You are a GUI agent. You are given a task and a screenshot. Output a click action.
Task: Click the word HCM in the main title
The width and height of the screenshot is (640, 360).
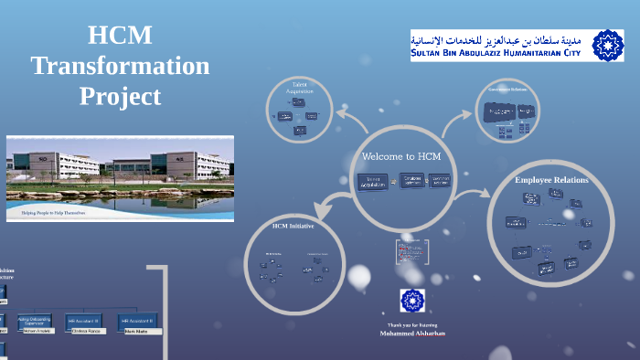(120, 37)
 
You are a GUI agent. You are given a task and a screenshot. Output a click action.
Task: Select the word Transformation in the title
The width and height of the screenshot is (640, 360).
(120, 66)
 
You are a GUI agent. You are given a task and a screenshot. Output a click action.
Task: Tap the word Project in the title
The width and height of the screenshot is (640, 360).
(120, 96)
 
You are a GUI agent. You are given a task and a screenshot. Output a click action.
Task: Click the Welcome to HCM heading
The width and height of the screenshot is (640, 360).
(401, 156)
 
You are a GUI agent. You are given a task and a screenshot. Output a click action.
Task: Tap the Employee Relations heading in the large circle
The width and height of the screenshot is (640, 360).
(551, 180)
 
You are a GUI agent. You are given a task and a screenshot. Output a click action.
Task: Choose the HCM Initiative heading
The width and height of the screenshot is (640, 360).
(293, 225)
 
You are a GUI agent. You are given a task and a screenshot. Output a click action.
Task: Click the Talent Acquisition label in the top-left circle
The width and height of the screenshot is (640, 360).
(299, 89)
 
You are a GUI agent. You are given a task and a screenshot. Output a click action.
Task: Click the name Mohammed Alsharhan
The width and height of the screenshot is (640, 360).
(412, 334)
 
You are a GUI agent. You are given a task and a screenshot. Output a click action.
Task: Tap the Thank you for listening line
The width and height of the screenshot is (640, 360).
(412, 325)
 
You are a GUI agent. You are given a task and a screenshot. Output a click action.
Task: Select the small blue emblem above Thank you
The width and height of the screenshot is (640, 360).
(412, 301)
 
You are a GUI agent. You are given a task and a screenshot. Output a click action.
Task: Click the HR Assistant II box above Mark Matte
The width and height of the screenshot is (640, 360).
(138, 321)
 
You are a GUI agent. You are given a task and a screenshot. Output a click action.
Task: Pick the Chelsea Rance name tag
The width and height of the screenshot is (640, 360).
(86, 331)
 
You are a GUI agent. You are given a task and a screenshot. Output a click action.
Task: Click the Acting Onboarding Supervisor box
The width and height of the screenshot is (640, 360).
(35, 320)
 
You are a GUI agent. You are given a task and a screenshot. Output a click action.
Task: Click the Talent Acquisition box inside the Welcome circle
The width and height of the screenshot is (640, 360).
(372, 182)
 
